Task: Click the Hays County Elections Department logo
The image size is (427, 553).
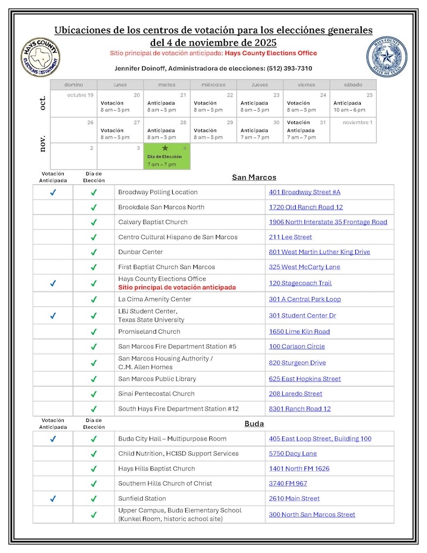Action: tap(40, 57)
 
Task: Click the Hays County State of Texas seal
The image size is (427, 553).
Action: tap(387, 57)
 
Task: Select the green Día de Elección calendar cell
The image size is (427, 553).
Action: tap(167, 156)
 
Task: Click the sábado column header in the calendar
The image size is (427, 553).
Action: tap(353, 85)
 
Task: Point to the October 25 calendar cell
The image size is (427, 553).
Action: tap(353, 103)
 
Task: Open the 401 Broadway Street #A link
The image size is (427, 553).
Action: tap(304, 192)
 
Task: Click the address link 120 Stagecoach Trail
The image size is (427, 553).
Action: tap(300, 283)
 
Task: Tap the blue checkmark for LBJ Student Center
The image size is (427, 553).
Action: tap(53, 316)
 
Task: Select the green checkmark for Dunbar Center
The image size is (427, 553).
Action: tap(93, 252)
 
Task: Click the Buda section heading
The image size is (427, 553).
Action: tap(254, 424)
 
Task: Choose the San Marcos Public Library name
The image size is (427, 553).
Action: tap(157, 379)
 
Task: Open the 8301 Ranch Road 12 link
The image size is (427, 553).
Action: tap(300, 409)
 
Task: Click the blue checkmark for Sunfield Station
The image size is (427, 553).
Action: tap(53, 499)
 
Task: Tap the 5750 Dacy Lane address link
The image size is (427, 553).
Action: tap(293, 454)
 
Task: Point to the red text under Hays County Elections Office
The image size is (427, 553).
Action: tap(177, 287)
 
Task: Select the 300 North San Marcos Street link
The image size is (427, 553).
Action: tap(312, 515)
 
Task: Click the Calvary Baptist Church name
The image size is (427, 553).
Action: tap(153, 222)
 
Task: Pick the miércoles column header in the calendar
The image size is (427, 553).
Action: tap(213, 85)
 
